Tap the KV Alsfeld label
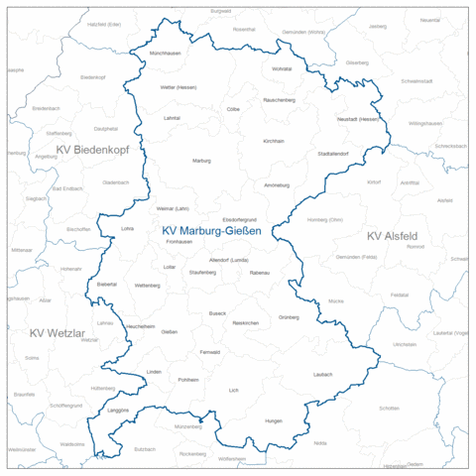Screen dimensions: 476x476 (392, 236)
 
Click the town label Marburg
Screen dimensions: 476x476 (201, 160)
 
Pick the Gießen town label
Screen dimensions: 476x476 (170, 331)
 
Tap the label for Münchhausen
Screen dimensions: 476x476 (165, 52)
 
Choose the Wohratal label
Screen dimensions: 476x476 (282, 68)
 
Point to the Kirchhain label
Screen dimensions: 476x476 (274, 141)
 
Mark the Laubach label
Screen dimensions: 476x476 (322, 374)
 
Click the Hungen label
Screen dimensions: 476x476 (274, 421)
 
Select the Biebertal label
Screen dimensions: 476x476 (107, 284)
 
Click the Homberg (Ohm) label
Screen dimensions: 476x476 (324, 219)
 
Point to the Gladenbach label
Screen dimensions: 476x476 (116, 182)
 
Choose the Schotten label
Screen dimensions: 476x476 (389, 408)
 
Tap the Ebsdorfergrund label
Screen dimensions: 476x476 (240, 218)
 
